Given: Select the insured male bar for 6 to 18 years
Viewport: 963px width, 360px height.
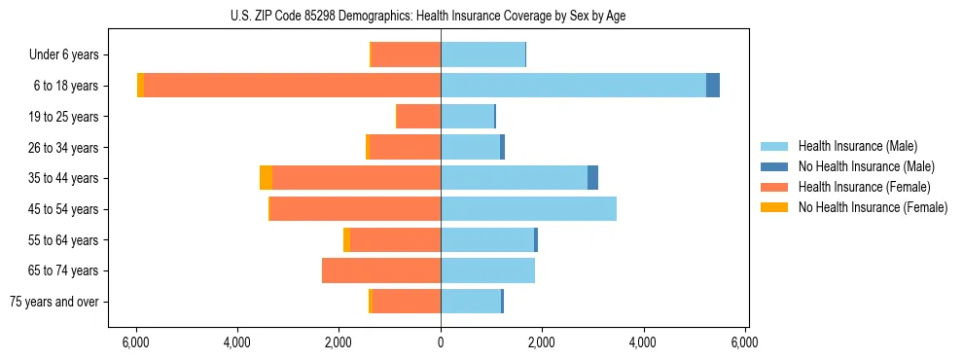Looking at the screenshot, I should [x=573, y=86].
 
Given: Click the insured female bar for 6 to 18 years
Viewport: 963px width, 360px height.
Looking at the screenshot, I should [x=292, y=86].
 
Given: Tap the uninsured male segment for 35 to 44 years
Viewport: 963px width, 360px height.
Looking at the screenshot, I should [x=592, y=178].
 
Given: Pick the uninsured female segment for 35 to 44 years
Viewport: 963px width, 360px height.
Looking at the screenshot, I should [x=266, y=178].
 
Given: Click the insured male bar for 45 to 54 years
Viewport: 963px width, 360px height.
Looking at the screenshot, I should [x=528, y=209].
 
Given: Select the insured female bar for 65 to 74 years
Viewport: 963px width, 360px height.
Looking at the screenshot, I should [x=381, y=270].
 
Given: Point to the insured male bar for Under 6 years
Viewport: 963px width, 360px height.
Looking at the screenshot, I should [x=482, y=54].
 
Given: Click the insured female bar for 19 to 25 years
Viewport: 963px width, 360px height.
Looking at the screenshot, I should [x=418, y=117].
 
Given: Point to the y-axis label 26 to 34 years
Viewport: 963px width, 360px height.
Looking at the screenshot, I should [x=64, y=148].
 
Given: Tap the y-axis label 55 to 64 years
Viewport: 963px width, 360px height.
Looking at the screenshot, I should [x=64, y=240].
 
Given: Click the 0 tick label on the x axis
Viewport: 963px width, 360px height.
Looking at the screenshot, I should [x=441, y=342].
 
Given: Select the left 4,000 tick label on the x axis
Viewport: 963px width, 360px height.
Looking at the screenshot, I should [x=237, y=342].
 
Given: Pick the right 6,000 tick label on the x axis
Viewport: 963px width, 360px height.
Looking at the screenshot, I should [x=745, y=342].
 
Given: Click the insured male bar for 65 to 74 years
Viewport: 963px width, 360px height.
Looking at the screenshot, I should [x=487, y=270].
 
